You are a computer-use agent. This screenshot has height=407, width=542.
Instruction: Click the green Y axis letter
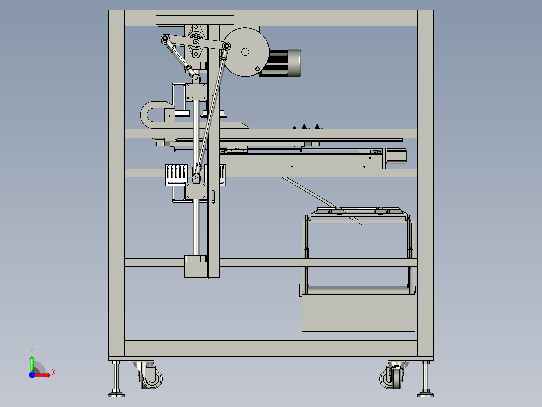32,350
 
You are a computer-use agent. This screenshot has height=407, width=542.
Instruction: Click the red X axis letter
54,373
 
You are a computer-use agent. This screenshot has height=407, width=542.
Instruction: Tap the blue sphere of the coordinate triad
32,375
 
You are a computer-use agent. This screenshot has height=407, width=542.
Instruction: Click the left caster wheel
152,379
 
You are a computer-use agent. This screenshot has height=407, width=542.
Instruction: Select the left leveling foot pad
116,394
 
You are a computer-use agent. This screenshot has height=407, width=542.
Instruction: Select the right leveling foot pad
425,394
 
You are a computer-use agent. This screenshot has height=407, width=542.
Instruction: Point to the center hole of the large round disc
245,52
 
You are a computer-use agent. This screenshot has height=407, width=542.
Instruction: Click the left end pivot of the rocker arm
165,38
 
